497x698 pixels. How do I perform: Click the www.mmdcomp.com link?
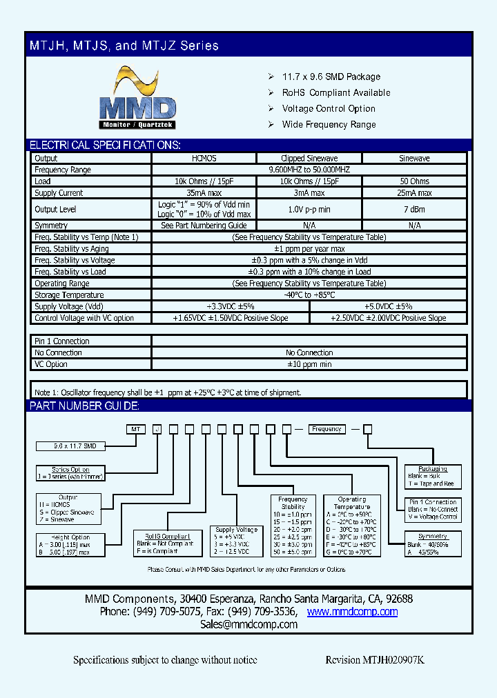point(352,612)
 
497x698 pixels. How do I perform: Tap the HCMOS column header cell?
point(204,159)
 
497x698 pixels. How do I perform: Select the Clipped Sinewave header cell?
point(309,159)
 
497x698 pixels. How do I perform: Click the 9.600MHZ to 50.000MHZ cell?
point(309,170)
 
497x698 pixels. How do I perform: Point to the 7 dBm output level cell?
point(414,209)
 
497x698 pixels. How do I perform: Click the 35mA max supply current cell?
point(204,193)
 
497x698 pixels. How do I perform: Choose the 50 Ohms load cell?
point(414,181)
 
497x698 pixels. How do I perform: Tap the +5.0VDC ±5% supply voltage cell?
point(388,306)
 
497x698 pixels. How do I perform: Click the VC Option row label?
point(51,364)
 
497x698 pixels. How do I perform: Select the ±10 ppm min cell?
point(309,364)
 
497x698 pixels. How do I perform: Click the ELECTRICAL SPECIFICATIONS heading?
point(105,146)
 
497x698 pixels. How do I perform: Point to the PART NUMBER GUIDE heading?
point(84,406)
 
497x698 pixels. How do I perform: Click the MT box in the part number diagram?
point(136,429)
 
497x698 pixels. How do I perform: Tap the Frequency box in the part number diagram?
point(327,429)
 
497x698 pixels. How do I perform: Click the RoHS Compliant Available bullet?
point(336,92)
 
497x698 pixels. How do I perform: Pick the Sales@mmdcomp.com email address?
point(248,624)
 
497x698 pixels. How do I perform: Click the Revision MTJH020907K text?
point(375,660)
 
